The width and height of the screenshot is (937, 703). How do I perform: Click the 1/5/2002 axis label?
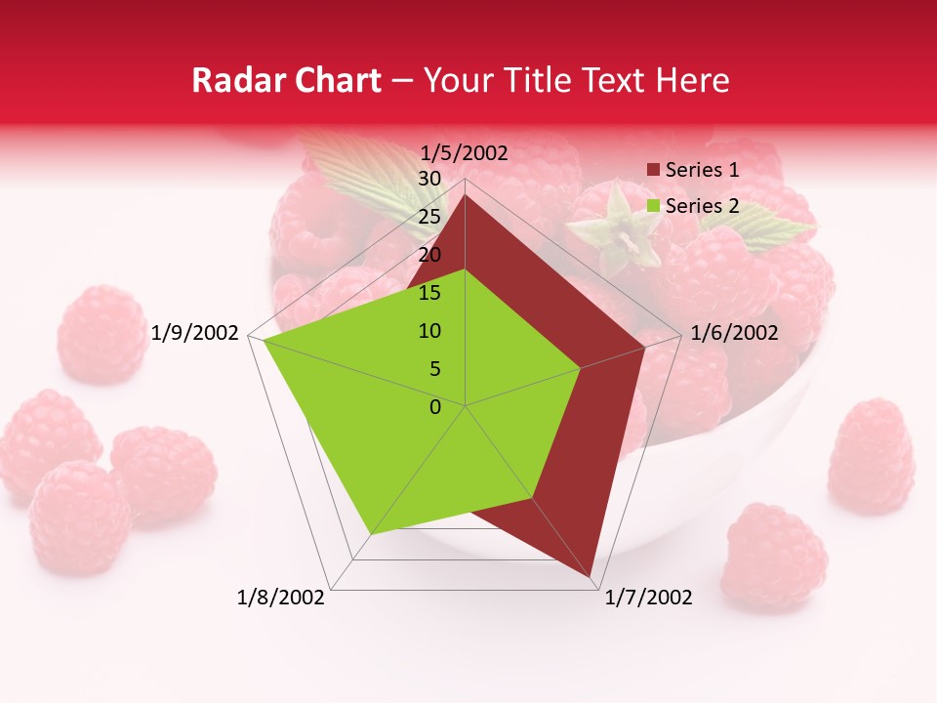pyautogui.click(x=465, y=153)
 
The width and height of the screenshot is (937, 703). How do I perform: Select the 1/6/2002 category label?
pyautogui.click(x=734, y=333)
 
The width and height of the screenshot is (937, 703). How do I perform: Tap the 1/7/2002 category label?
pyautogui.click(x=648, y=598)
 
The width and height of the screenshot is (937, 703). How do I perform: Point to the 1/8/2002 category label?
pyautogui.click(x=281, y=598)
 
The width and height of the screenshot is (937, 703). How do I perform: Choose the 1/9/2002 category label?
pyautogui.click(x=195, y=333)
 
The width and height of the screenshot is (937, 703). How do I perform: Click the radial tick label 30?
pyautogui.click(x=429, y=179)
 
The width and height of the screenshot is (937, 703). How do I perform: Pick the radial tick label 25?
pyautogui.click(x=429, y=217)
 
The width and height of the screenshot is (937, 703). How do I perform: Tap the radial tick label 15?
pyautogui.click(x=429, y=293)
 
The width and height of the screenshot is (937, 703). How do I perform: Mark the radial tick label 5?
pyautogui.click(x=433, y=369)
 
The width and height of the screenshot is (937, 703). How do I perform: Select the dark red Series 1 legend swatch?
pyautogui.click(x=653, y=171)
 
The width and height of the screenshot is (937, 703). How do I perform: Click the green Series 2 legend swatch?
pyautogui.click(x=653, y=206)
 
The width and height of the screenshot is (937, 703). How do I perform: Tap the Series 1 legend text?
pyautogui.click(x=702, y=170)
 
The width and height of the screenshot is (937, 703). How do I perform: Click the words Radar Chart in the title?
pyautogui.click(x=286, y=81)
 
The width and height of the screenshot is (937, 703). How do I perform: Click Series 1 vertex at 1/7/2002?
pyautogui.click(x=591, y=577)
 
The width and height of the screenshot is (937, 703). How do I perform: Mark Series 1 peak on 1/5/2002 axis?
pyautogui.click(x=465, y=194)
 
